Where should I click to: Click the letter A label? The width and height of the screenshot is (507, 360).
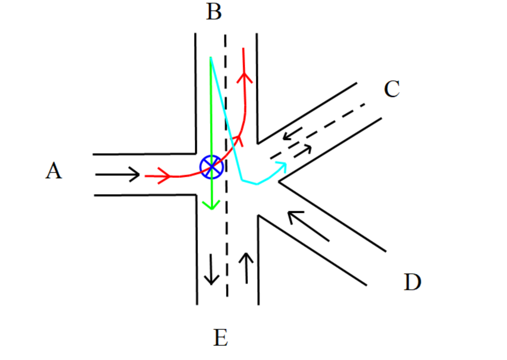(54, 171)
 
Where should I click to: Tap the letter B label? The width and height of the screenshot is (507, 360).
(214, 12)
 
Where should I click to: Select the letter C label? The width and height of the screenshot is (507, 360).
(392, 89)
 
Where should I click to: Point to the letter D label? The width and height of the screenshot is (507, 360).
(413, 282)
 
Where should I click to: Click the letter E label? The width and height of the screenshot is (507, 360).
(221, 338)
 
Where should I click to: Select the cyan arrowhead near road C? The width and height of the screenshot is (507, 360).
(283, 167)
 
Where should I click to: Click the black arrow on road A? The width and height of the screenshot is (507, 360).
(117, 174)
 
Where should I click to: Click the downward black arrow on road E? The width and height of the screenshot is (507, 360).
(211, 269)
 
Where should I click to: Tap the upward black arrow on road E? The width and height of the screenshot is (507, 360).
(246, 268)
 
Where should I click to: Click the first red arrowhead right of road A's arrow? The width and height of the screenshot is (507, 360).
(165, 176)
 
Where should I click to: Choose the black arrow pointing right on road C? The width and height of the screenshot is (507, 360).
(303, 150)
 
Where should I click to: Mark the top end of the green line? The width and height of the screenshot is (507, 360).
(210, 58)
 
